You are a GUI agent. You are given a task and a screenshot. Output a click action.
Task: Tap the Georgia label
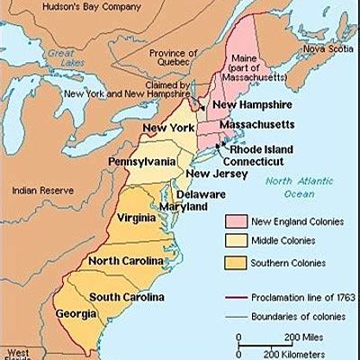click(x=80, y=315)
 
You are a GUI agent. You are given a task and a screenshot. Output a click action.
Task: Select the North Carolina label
click(x=126, y=261)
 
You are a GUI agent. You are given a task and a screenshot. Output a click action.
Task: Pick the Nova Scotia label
click(x=327, y=49)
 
